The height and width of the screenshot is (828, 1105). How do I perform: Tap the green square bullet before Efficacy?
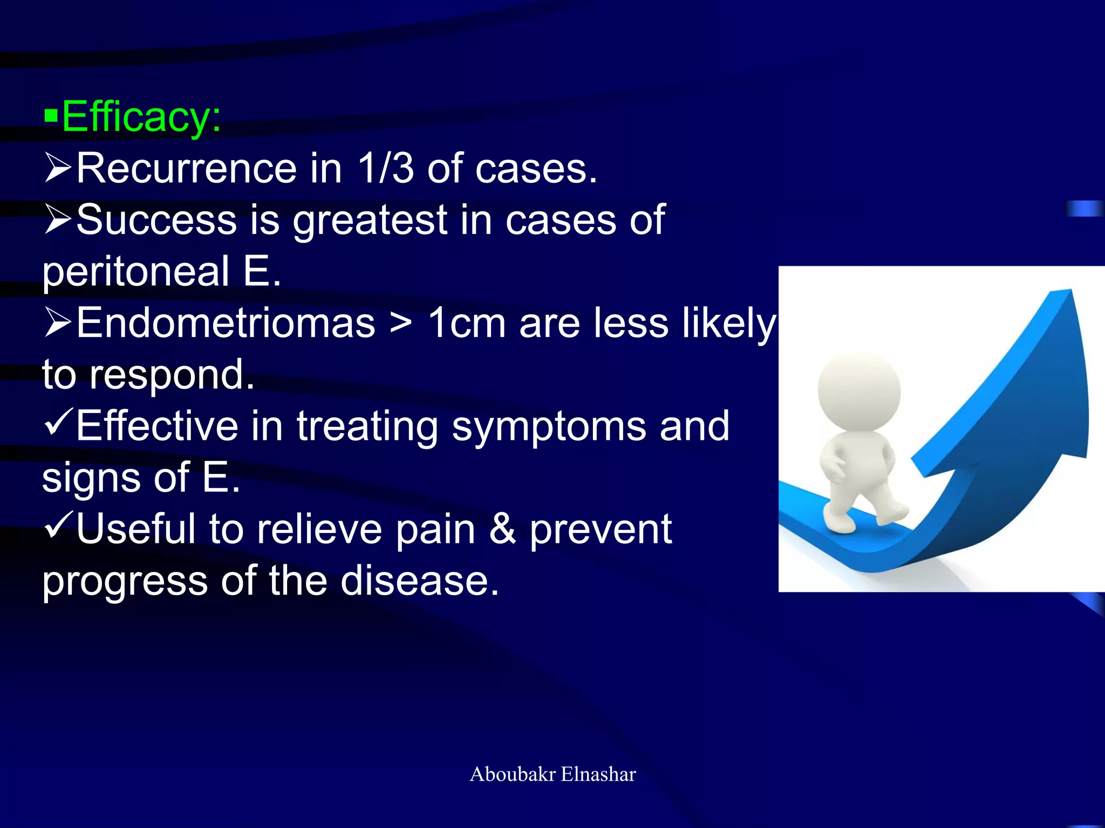pyautogui.click(x=51, y=115)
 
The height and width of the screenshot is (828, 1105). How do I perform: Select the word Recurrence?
pyautogui.click(x=186, y=169)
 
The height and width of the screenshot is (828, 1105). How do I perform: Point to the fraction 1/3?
pyautogui.click(x=385, y=169)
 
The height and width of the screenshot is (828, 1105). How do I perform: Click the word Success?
pyautogui.click(x=156, y=220)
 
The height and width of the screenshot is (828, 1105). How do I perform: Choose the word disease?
pyautogui.click(x=420, y=581)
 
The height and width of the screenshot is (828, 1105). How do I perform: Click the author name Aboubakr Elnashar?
pyautogui.click(x=552, y=774)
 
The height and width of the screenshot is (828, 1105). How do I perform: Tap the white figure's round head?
pyautogui.click(x=859, y=391)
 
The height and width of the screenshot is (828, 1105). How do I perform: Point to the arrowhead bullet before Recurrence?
pyautogui.click(x=58, y=168)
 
